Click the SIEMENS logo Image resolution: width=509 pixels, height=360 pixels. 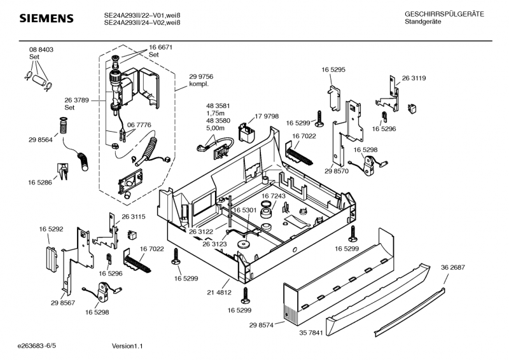(x=46, y=18)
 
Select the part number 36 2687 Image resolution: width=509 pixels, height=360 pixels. (x=452, y=267)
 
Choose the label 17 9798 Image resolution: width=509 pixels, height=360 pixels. (x=267, y=116)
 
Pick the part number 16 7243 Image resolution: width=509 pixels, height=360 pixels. (x=274, y=196)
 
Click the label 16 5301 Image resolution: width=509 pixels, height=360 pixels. (x=244, y=210)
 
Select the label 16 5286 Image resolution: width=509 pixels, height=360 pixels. (x=39, y=183)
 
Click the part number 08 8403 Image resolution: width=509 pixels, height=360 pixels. (x=41, y=50)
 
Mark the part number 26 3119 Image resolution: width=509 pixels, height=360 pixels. (x=414, y=78)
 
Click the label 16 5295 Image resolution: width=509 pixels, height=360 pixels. (x=333, y=69)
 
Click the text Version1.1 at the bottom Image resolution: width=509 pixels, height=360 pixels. (x=127, y=347)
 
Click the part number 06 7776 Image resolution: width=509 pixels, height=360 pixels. (x=139, y=125)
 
